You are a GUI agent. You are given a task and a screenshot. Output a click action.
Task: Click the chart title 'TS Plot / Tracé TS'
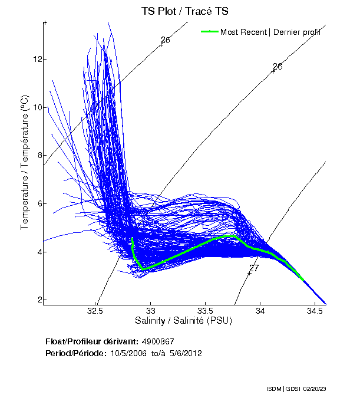(184, 11)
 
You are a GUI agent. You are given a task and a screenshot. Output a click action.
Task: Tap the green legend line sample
(210, 31)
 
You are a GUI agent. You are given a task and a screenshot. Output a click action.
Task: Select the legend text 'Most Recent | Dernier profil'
(270, 32)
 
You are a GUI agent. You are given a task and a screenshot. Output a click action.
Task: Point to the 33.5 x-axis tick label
(205, 311)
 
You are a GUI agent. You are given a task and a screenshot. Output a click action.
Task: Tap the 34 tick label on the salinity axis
(260, 311)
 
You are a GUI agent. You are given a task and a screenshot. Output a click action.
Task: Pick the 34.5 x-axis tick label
(315, 311)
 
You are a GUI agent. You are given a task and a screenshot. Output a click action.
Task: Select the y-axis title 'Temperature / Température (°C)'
(25, 163)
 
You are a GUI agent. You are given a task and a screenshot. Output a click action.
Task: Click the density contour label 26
(278, 67)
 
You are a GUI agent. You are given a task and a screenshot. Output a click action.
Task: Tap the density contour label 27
(254, 268)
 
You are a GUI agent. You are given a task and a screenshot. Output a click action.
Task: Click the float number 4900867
(158, 341)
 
